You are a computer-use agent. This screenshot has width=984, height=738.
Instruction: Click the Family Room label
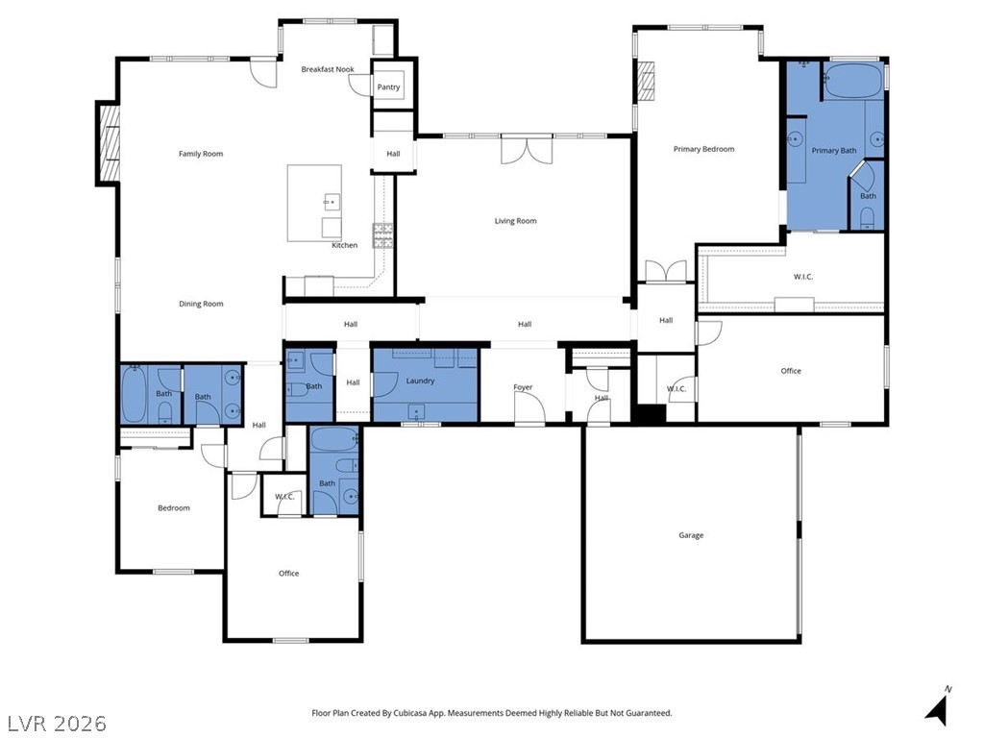(200, 154)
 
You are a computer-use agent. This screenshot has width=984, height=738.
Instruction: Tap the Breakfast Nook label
(328, 69)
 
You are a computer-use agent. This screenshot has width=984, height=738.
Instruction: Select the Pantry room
(388, 87)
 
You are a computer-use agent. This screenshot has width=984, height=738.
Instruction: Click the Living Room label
(515, 221)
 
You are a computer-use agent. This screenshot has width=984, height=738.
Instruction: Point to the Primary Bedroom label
(703, 149)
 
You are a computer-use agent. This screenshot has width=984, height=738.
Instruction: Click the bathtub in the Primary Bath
(853, 81)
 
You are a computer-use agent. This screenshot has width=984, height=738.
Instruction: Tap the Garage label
(691, 535)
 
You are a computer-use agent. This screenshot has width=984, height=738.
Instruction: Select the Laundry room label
(420, 381)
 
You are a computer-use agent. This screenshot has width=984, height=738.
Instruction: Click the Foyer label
(523, 387)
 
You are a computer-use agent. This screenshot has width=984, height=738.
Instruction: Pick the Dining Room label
(201, 304)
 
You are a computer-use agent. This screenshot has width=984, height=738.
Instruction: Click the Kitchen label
(345, 245)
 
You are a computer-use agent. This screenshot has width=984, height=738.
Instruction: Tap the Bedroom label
(174, 507)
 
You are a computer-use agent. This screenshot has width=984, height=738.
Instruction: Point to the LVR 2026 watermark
(54, 724)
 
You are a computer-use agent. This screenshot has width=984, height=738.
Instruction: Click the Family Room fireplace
(108, 144)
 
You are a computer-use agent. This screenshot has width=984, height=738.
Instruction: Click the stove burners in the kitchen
(382, 236)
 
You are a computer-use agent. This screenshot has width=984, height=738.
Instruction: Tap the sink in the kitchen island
(332, 202)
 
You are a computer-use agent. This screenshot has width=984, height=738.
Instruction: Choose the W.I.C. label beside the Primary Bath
(803, 277)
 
